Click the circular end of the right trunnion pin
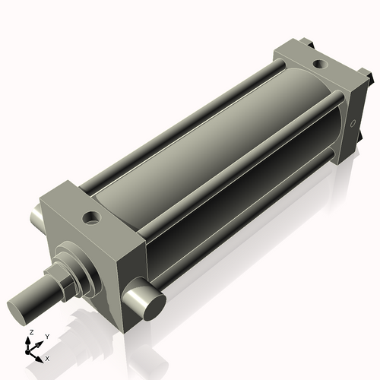[x=152, y=304]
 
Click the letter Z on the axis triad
[x=30, y=333]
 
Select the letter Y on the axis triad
[x=46, y=336]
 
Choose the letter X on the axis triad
[x=47, y=357]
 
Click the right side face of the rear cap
[x=358, y=122]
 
